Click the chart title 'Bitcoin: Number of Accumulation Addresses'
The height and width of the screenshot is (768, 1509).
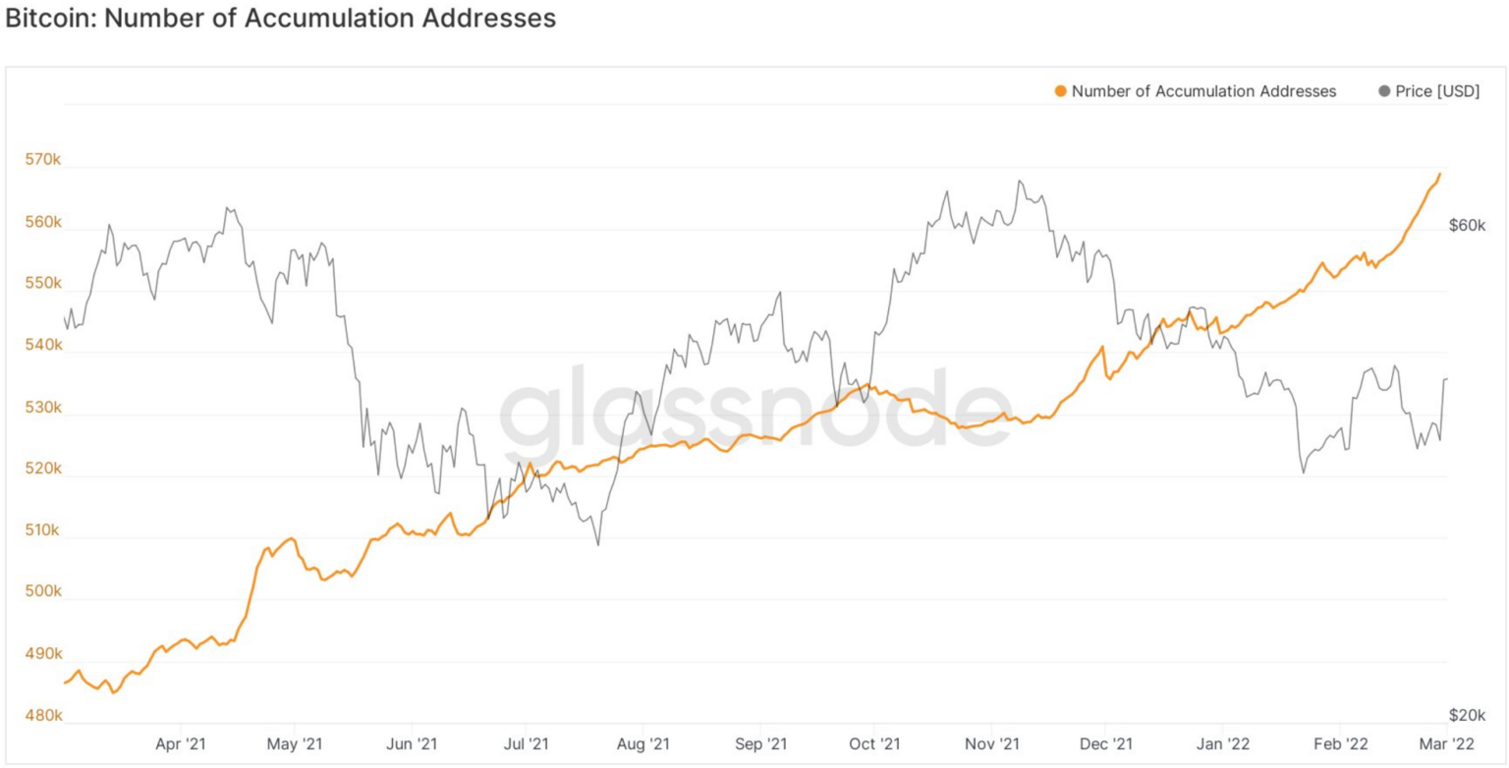280,19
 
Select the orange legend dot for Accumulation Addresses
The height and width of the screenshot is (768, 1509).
1060,91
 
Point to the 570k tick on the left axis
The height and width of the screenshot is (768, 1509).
43,160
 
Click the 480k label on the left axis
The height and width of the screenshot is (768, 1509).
43,716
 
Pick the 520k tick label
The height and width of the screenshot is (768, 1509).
43,468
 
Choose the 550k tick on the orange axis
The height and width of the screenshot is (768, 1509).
43,284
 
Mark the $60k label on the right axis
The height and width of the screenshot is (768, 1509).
1468,225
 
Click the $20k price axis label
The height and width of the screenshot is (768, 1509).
1468,715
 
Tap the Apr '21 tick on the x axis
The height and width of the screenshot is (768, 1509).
181,743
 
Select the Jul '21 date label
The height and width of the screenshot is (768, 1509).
527,743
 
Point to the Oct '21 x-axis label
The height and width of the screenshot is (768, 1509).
873,743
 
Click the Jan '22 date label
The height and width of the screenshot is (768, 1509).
1222,743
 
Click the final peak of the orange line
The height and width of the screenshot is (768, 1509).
1440,174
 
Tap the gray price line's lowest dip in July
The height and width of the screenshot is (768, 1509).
598,544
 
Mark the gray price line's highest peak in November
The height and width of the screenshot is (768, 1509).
1020,181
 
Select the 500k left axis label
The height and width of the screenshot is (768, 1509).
43,592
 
